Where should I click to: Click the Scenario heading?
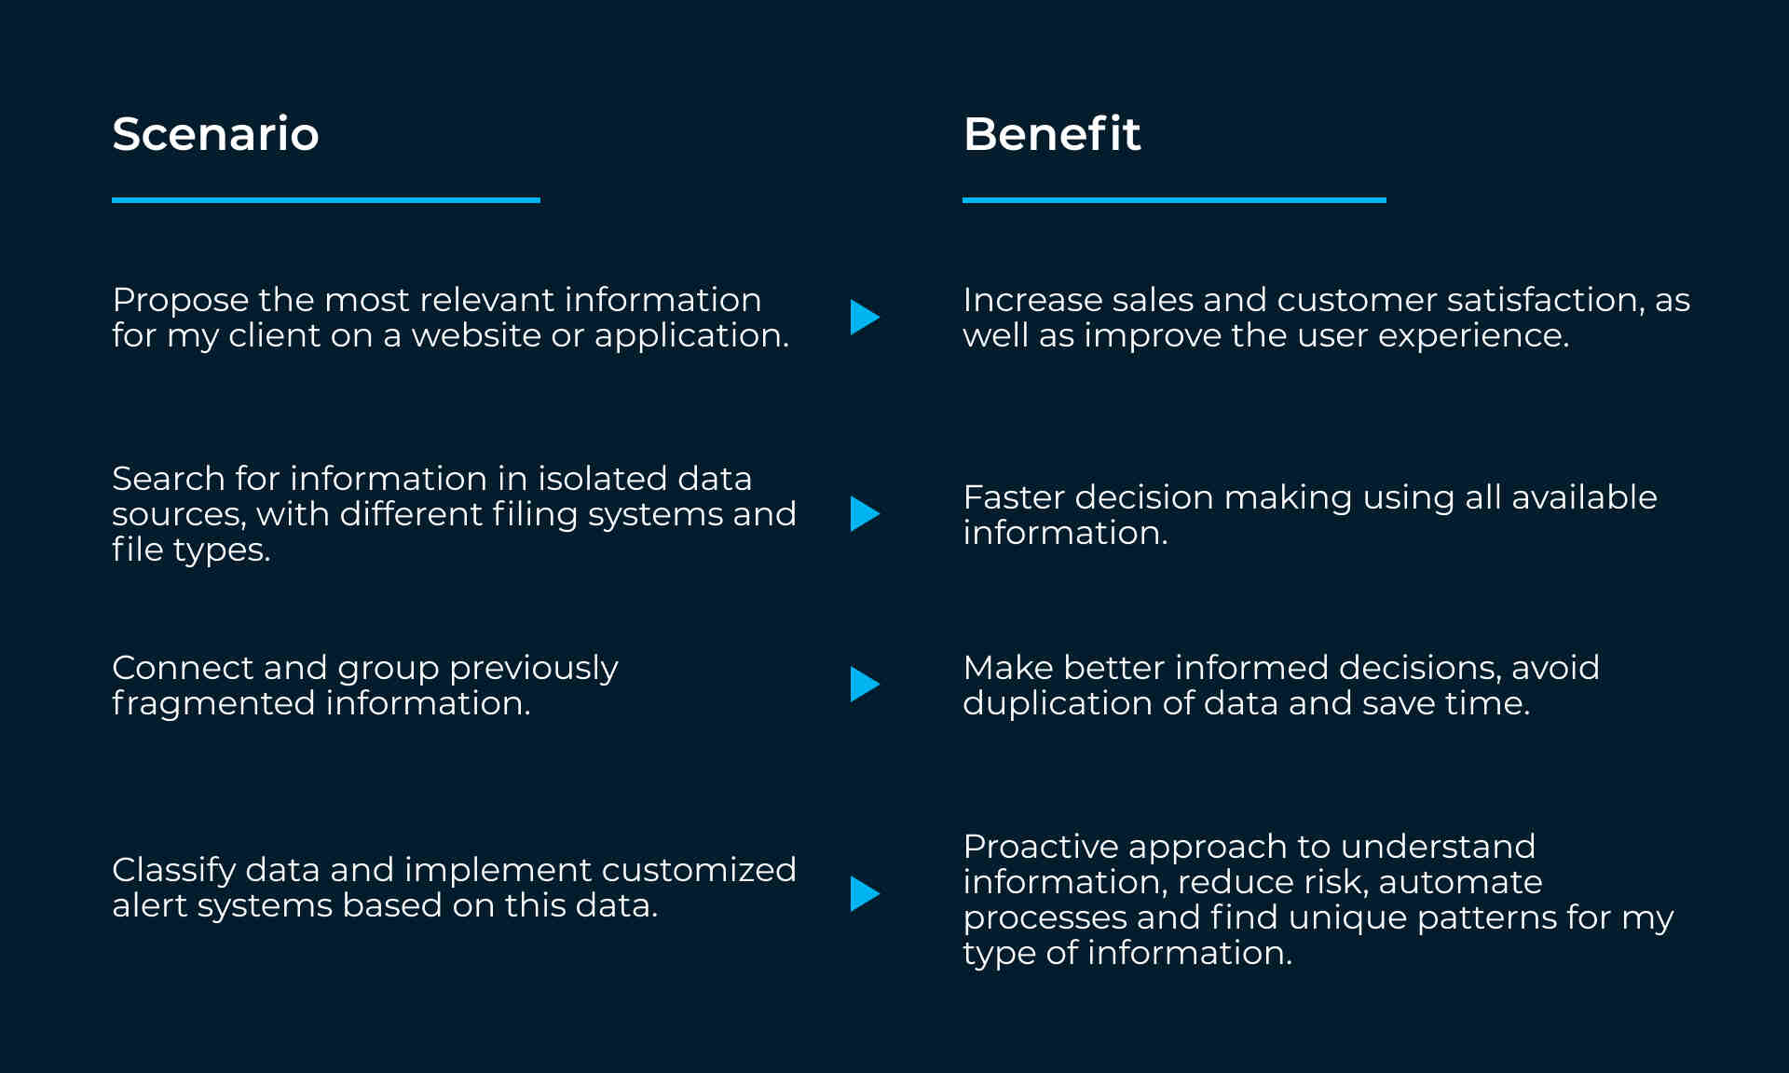point(215,134)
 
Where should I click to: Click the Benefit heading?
point(1051,134)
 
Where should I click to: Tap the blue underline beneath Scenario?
point(326,200)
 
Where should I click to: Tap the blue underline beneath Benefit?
point(1174,200)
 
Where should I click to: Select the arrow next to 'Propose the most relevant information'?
point(864,318)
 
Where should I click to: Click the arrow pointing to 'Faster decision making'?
point(864,514)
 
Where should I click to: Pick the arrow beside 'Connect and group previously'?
point(864,685)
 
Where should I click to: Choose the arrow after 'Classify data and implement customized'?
point(864,894)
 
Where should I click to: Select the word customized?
point(699,870)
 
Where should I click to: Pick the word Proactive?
point(1041,847)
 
